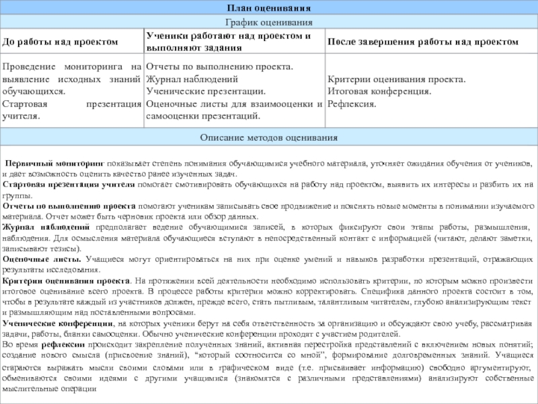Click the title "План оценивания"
click(268, 8)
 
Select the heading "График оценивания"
click(268, 23)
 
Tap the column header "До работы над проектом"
click(61, 42)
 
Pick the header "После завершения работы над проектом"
click(422, 42)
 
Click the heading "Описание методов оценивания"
click(268, 137)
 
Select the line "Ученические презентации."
click(206, 92)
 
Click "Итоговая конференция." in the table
click(379, 92)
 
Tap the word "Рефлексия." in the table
click(352, 104)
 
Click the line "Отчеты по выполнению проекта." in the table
click(219, 67)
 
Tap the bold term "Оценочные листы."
click(42, 259)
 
